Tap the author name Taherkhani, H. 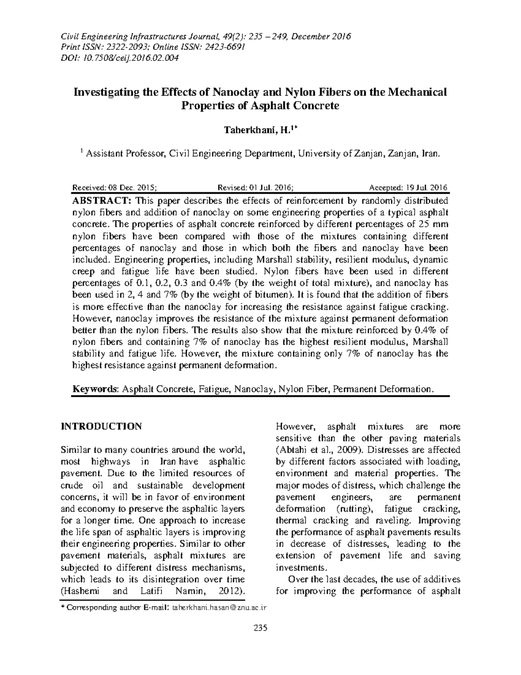(x=257, y=130)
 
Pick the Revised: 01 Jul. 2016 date (x=255, y=188)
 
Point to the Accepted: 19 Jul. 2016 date (x=408, y=188)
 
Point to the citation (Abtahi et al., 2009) (x=319, y=450)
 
